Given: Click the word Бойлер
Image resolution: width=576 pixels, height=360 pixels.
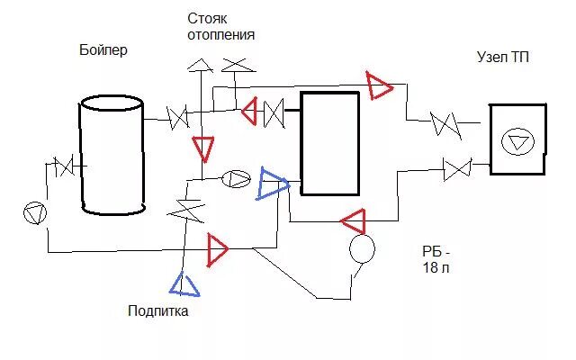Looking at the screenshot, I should (103, 50).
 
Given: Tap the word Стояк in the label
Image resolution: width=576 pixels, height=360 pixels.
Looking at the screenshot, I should (209, 18).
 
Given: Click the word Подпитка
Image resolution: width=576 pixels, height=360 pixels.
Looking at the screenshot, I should (157, 311).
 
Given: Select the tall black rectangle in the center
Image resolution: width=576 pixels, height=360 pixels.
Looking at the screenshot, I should (329, 143).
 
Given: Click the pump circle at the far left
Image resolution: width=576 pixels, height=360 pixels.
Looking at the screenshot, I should (34, 212).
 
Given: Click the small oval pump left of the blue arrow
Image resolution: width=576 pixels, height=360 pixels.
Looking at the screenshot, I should (235, 178).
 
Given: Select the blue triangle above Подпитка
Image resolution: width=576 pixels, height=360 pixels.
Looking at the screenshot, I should (184, 284).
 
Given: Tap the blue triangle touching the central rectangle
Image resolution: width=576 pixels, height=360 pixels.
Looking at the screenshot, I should (273, 184).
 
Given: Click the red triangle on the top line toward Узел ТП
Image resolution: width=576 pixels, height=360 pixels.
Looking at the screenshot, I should (379, 85).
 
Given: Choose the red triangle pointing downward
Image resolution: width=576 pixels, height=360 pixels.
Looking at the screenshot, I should (203, 148).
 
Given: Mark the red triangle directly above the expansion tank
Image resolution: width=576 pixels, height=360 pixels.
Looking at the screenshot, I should (353, 220).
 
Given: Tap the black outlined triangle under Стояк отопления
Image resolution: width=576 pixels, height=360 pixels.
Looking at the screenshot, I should (199, 64).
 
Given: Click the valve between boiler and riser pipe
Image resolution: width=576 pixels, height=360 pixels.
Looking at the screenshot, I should (178, 117).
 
